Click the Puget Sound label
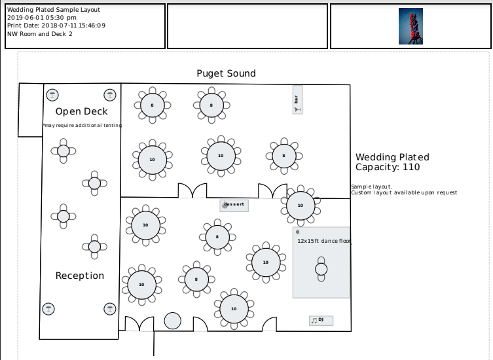226,73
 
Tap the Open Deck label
81,111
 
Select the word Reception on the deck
79,276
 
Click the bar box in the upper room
297,99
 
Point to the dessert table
234,205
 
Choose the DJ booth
321,320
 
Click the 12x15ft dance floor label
323,241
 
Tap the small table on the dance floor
321,269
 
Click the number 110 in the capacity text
411,167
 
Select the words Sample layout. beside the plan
371,187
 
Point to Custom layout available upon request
404,192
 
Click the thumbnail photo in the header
411,26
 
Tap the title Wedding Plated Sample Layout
45,10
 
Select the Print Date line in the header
56,26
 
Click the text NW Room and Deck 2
40,33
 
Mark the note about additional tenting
81,126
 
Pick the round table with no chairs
172,321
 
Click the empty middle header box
247,26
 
